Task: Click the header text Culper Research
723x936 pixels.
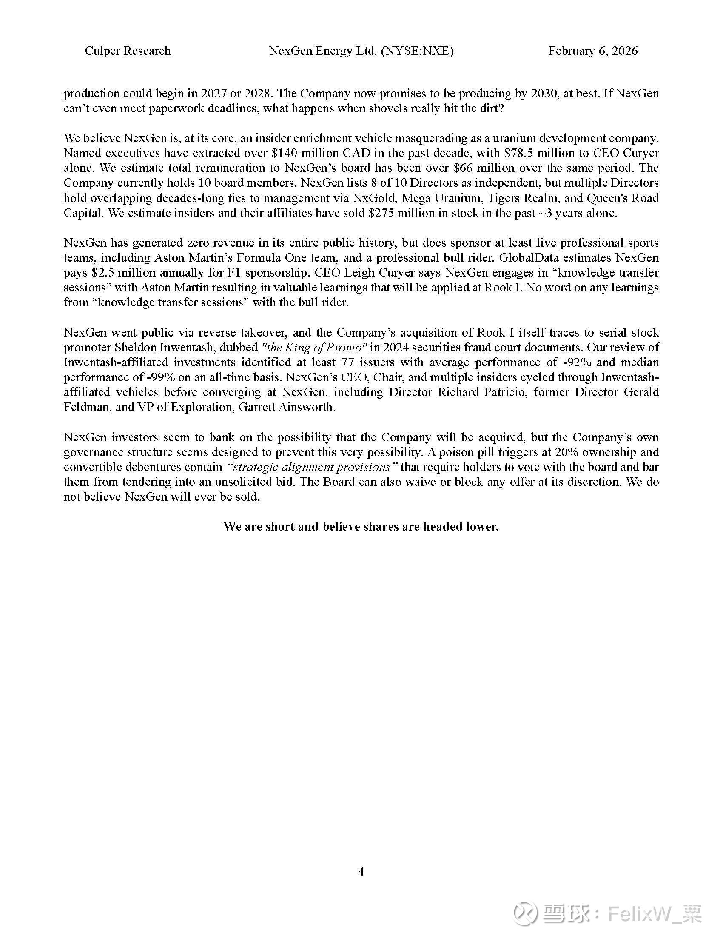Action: (x=128, y=51)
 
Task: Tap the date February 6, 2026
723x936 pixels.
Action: (x=593, y=51)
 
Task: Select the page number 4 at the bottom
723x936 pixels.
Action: (x=361, y=871)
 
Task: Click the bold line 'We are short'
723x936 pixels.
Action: (x=361, y=526)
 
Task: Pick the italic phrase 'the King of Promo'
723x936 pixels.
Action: (x=314, y=347)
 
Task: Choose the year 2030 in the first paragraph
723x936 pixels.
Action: (x=544, y=94)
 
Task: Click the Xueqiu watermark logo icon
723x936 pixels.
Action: (x=526, y=913)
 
